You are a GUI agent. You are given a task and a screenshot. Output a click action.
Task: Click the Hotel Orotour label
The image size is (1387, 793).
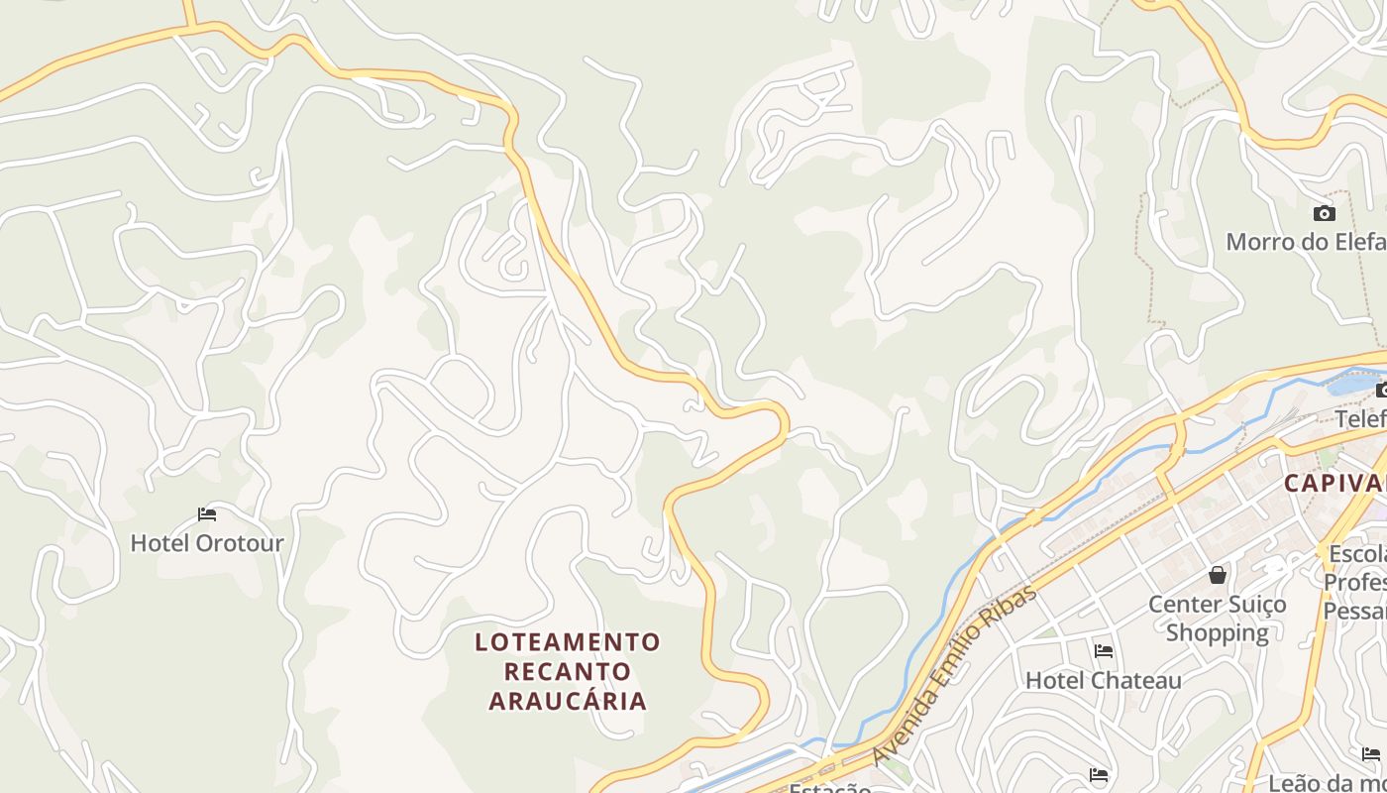(207, 543)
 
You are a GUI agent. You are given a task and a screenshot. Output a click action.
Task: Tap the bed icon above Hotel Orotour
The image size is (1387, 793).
(207, 514)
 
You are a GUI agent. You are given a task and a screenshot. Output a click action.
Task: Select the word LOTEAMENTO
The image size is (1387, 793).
(567, 642)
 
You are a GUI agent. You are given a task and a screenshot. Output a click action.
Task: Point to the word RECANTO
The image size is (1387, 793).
(567, 671)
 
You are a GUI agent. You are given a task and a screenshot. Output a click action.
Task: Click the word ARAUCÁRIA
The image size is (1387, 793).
(567, 701)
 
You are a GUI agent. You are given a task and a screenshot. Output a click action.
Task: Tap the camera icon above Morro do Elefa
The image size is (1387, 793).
(1324, 213)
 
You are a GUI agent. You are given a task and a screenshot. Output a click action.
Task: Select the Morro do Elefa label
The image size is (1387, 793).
(1306, 242)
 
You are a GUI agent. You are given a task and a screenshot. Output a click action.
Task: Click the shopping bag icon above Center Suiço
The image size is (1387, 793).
(1218, 575)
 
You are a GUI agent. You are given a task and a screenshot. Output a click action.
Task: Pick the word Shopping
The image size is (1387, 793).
(1218, 632)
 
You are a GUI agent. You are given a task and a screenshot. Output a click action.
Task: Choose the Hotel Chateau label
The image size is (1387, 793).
(1103, 680)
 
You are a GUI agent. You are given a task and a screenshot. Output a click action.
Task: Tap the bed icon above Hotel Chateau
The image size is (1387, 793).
(1103, 651)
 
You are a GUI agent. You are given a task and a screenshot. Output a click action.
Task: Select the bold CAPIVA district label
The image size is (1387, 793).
(1334, 484)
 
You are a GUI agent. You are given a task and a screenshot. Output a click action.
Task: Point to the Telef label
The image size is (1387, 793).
(1360, 419)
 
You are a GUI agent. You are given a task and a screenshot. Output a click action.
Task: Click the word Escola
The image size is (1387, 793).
(1356, 553)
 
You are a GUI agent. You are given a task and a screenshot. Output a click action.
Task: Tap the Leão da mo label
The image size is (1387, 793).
(1327, 783)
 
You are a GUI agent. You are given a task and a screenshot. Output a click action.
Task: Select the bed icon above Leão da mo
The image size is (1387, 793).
(1371, 754)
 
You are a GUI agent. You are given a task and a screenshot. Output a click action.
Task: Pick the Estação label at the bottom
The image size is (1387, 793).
(829, 788)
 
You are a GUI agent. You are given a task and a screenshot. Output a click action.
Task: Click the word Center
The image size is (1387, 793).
(1183, 604)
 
